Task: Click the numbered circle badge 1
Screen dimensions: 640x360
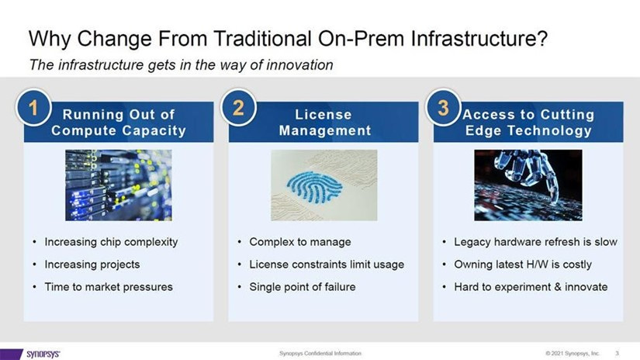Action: click(x=33, y=108)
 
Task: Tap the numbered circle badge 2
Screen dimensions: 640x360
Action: click(x=238, y=108)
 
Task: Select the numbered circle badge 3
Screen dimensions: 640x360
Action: click(x=443, y=108)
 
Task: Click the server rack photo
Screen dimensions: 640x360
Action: click(x=119, y=185)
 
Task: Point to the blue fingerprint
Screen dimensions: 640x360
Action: click(x=314, y=187)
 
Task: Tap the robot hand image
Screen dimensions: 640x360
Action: click(x=528, y=185)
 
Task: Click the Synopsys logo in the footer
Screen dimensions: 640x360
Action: click(x=43, y=354)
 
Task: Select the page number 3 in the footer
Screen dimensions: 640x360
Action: click(x=618, y=353)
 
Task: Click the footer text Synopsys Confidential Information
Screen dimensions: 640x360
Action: click(x=320, y=353)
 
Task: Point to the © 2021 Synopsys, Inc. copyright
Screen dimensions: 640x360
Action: click(x=573, y=353)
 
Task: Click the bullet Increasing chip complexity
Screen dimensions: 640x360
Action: click(x=111, y=242)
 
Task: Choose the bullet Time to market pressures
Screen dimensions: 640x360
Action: click(x=109, y=287)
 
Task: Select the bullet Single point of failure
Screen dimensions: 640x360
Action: click(x=303, y=287)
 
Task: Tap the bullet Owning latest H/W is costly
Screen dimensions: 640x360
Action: click(x=523, y=265)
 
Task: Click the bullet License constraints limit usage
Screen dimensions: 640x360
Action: click(x=327, y=265)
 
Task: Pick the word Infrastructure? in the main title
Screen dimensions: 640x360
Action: click(x=479, y=39)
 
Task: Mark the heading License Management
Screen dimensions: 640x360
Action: click(x=325, y=123)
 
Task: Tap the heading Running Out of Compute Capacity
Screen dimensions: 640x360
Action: click(x=119, y=123)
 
